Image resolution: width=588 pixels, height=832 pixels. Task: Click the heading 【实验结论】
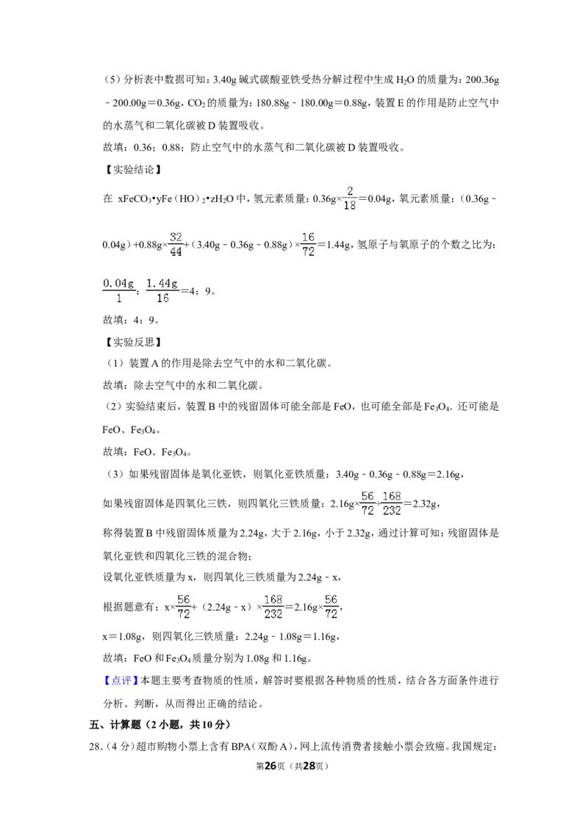pyautogui.click(x=132, y=170)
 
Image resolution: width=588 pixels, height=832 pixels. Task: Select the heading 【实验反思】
pyautogui.click(x=132, y=343)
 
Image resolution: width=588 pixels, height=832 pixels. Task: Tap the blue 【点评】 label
pyautogui.click(x=118, y=681)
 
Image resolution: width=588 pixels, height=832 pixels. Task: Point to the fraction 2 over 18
pyautogui.click(x=350, y=198)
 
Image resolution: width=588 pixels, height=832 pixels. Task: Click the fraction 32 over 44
pyautogui.click(x=176, y=244)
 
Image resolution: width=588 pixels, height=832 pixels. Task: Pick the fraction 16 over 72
pyautogui.click(x=308, y=244)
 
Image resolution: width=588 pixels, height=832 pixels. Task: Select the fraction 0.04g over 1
pyautogui.click(x=118, y=290)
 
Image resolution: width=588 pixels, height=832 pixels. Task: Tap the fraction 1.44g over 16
pyautogui.click(x=162, y=290)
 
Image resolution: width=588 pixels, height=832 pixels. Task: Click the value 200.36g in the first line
pyautogui.click(x=482, y=80)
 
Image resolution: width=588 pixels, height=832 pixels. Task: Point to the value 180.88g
pyautogui.click(x=273, y=103)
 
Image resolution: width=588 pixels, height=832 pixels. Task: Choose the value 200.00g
pyautogui.click(x=129, y=103)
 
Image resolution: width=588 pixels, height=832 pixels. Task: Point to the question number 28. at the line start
pyautogui.click(x=95, y=747)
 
